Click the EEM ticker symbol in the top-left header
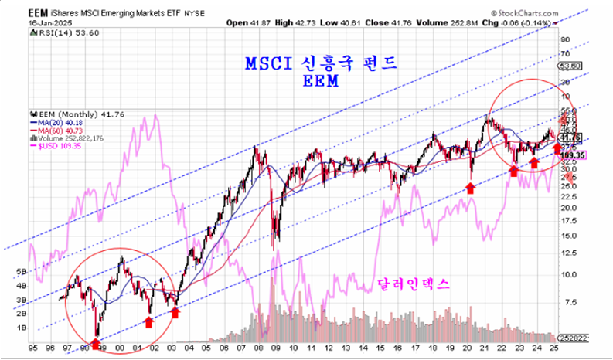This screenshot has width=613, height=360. coord(38,14)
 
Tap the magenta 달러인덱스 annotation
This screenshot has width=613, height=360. coord(414,285)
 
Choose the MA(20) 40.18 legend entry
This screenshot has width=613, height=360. coord(61,122)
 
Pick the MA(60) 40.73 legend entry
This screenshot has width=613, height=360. coord(61,131)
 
